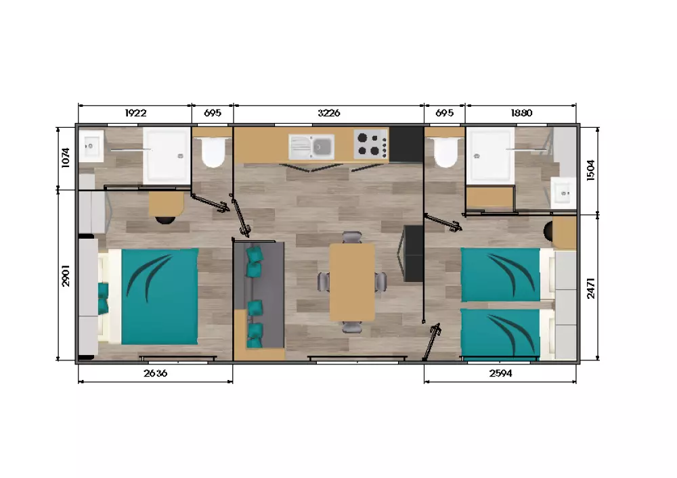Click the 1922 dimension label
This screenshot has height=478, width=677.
tap(135, 113)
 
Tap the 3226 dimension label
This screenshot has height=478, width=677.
tap(329, 113)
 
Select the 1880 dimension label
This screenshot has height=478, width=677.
tap(521, 113)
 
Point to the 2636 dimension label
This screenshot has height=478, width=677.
tap(156, 373)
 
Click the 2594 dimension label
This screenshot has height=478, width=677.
tap(501, 373)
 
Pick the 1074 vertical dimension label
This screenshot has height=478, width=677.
tap(66, 158)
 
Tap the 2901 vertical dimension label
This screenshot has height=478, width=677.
tap(66, 276)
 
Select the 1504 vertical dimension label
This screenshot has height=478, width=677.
tap(590, 170)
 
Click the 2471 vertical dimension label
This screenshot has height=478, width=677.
tap(590, 288)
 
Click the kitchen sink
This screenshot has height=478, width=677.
tap(311, 147)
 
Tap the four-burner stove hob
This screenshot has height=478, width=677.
tap(371, 143)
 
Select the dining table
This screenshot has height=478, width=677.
tap(352, 283)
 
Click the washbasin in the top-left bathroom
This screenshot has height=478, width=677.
tap(91, 146)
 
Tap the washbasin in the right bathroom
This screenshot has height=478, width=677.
tap(564, 193)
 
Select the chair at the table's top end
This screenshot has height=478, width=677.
tap(352, 237)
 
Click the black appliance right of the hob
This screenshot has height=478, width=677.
tap(406, 144)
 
